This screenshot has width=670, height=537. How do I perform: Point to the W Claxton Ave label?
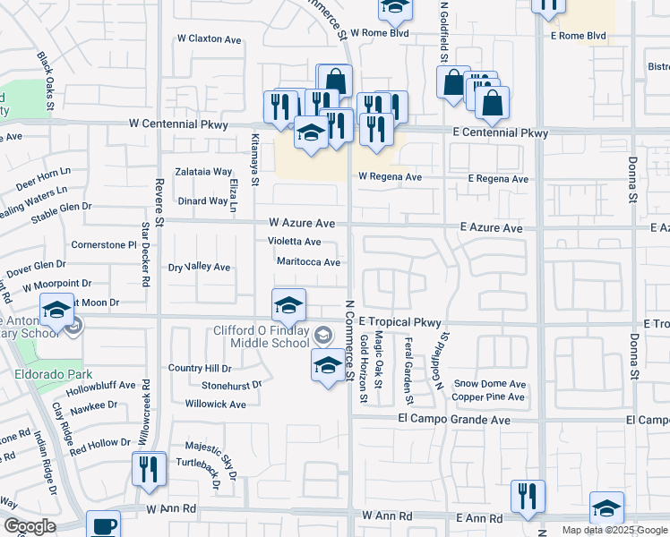pyautogui.click(x=210, y=39)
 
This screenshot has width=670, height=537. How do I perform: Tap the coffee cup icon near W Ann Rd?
pyautogui.click(x=103, y=525)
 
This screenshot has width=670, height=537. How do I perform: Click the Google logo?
pyautogui.click(x=29, y=526)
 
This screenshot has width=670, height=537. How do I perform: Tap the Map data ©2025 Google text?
pyautogui.click(x=614, y=530)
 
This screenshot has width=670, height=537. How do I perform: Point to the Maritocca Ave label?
pyautogui.click(x=308, y=262)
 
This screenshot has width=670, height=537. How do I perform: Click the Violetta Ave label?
pyautogui.click(x=294, y=242)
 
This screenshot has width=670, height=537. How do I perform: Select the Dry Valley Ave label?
pyautogui.click(x=200, y=267)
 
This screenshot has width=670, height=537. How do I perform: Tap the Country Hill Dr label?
pyautogui.click(x=200, y=368)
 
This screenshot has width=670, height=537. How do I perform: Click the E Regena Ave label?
pyautogui.click(x=498, y=179)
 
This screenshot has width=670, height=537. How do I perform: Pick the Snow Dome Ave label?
pyautogui.click(x=489, y=384)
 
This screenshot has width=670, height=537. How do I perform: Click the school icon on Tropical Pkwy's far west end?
pyautogui.click(x=57, y=311)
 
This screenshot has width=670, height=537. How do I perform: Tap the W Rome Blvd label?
pyautogui.click(x=380, y=32)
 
